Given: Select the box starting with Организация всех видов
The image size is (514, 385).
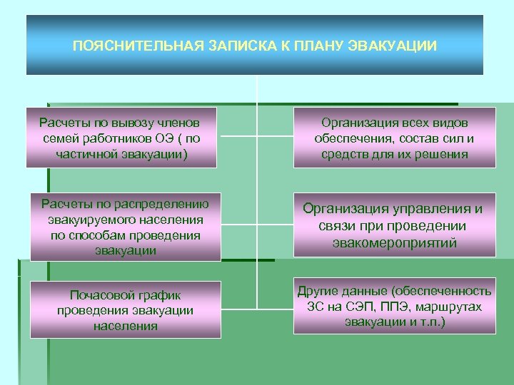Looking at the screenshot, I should tap(395, 138).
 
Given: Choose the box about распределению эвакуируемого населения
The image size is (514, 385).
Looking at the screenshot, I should tap(125, 227).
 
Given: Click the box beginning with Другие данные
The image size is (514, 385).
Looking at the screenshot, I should tap(395, 306).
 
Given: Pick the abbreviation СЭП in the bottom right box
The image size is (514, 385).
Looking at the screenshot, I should tap(363, 306).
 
